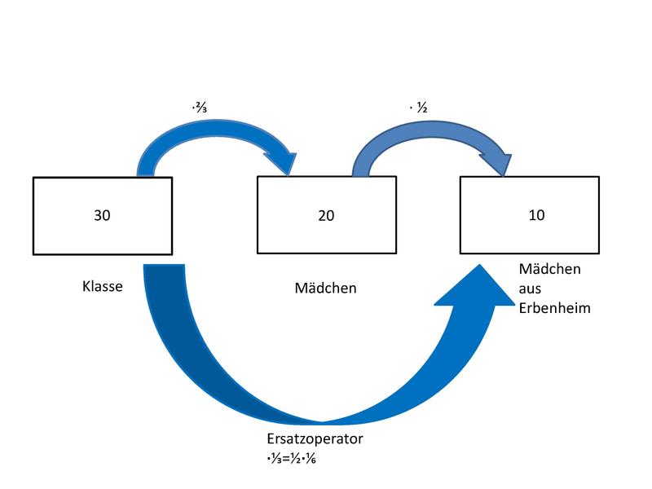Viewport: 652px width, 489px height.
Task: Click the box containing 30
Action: point(102,216)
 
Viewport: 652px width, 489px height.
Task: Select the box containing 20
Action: point(325,216)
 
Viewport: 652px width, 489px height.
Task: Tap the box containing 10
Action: point(535,216)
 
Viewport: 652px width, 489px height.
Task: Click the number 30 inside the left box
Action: point(102,216)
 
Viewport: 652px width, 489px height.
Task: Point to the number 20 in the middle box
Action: point(325,216)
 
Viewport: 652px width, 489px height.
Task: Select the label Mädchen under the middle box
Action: point(325,288)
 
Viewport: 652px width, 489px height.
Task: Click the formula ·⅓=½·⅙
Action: point(292,457)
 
